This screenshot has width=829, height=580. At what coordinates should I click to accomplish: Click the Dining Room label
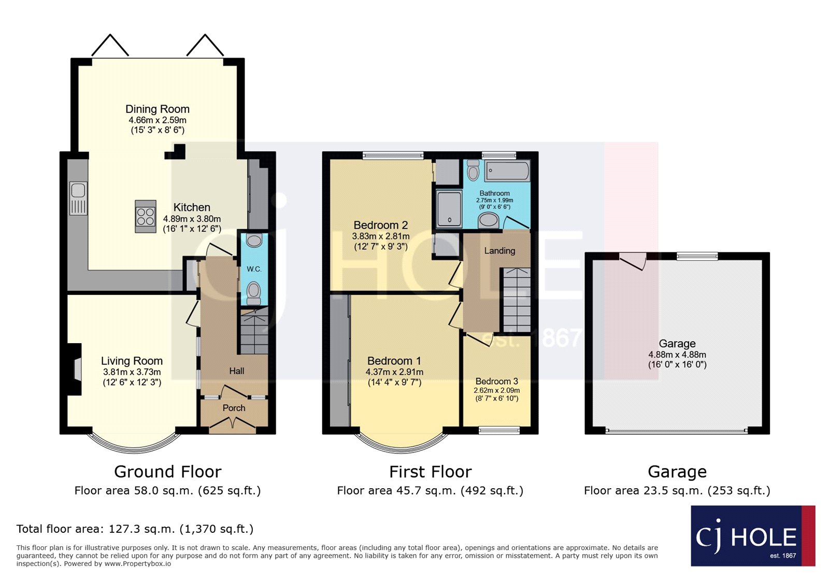click(158, 109)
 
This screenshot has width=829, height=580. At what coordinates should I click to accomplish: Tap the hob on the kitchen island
click(146, 217)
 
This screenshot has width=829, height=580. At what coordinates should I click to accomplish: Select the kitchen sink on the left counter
click(78, 198)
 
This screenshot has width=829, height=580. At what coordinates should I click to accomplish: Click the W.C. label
click(254, 269)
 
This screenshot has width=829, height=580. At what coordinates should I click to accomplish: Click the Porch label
click(234, 408)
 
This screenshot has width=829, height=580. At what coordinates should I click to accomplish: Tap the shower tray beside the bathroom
click(449, 209)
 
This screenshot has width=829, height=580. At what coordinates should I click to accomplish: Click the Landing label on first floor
click(499, 251)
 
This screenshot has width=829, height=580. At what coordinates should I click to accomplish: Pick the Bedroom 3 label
click(496, 381)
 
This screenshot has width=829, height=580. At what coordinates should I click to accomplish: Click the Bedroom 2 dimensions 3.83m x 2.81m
click(381, 236)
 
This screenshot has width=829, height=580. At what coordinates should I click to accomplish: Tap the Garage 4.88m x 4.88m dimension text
click(677, 355)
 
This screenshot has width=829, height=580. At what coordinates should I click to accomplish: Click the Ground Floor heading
click(167, 472)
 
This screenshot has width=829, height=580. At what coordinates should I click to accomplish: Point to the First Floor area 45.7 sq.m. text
click(430, 491)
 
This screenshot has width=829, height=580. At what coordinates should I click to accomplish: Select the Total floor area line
click(135, 529)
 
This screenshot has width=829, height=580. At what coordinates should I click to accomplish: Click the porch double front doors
click(233, 426)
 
